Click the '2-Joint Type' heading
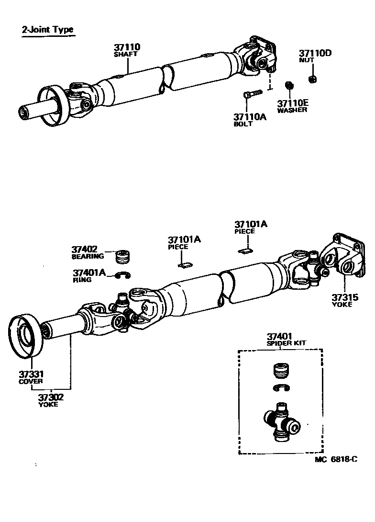[47, 30]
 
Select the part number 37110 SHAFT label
[127, 50]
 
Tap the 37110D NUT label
[315, 56]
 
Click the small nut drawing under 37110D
[312, 79]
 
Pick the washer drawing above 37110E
[289, 85]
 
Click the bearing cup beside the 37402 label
[125, 256]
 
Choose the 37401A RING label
[89, 275]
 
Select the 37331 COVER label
[31, 377]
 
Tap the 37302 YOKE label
[51, 400]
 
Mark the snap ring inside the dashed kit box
[281, 388]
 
